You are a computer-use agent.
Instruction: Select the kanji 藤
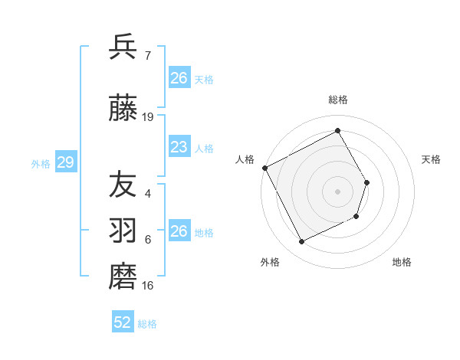[x=123, y=110]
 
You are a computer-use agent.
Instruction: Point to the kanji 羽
[x=123, y=229]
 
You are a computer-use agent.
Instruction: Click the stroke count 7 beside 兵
[x=147, y=55]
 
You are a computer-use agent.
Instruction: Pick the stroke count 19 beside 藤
[x=148, y=117]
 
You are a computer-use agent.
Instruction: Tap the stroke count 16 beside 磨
[x=148, y=286]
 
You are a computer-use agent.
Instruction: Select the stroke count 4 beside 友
[x=147, y=194]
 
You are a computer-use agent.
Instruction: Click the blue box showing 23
[x=179, y=147]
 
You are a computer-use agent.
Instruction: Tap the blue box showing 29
[x=65, y=162]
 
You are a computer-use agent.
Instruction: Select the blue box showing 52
[x=122, y=322]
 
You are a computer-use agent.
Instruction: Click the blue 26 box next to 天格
[x=179, y=78]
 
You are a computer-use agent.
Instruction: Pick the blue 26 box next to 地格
[x=179, y=231]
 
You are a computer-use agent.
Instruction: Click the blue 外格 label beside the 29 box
[x=41, y=163]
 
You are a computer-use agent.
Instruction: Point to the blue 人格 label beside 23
[x=204, y=148]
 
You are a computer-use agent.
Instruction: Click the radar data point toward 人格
[x=264, y=168]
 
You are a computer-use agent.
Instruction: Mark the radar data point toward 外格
[x=301, y=242]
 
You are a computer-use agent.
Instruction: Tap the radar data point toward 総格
[x=337, y=130]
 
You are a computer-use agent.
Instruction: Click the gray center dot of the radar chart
[x=337, y=191]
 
